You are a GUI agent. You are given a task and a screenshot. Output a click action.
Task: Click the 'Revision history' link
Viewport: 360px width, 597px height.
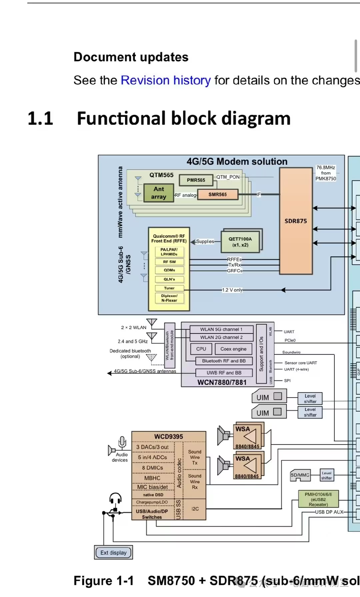point(165,80)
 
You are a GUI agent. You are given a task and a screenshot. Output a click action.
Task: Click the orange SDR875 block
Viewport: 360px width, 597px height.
point(296,221)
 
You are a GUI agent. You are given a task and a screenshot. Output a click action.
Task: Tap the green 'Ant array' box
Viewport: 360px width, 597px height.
point(159,193)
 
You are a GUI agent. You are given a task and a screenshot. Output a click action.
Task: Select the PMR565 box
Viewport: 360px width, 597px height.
point(196,180)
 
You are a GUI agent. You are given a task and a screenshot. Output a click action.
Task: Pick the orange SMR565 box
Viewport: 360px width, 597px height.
point(218,194)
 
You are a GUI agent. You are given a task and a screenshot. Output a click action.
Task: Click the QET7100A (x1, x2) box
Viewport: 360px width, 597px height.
point(240,242)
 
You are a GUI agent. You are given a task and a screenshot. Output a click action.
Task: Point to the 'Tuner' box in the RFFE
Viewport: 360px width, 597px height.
point(169,288)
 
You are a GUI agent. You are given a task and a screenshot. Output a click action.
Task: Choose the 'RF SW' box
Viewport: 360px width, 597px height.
point(169,262)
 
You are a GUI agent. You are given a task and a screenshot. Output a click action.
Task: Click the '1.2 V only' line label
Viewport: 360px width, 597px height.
point(232,290)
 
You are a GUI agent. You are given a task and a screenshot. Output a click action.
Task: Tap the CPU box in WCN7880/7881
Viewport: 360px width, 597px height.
point(201,349)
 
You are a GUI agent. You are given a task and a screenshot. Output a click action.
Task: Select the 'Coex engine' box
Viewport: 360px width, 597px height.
point(233,349)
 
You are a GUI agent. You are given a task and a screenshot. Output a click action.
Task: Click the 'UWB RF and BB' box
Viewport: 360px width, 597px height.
point(224,373)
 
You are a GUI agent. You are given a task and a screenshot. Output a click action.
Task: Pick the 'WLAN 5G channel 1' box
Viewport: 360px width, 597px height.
point(221,329)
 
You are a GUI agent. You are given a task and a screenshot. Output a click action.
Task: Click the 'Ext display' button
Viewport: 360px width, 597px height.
point(113,553)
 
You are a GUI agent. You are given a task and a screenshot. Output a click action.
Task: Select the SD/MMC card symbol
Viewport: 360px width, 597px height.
point(300,475)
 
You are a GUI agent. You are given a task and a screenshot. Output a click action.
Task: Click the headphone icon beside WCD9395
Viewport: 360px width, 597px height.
point(115,499)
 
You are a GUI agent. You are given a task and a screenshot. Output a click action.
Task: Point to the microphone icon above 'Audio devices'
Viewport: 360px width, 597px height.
point(122,442)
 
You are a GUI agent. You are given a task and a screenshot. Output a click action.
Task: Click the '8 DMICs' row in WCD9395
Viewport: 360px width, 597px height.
point(153,468)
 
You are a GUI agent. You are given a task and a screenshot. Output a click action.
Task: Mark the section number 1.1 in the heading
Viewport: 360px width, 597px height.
point(40,119)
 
